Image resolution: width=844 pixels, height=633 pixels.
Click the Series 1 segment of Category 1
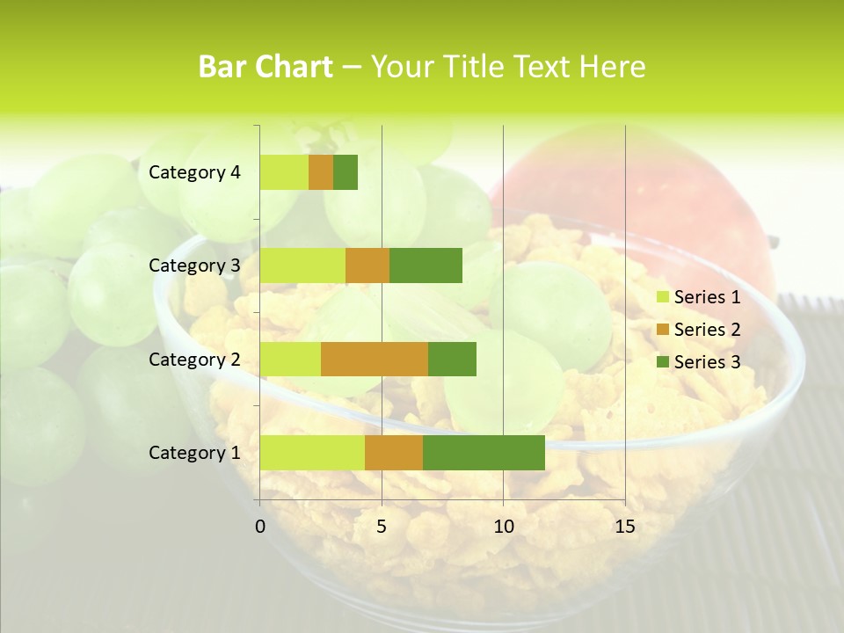point(312,453)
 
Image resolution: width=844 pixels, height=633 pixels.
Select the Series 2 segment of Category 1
point(394,453)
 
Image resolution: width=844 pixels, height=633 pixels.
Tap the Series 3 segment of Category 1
point(484,453)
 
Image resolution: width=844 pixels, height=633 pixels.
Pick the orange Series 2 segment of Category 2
point(375,359)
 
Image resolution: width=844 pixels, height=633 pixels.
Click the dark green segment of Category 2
point(452,359)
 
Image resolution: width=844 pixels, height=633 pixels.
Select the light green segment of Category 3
point(302,266)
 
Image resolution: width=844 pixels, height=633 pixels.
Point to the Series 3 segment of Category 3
point(426,266)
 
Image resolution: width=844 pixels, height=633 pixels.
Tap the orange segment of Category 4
point(321,172)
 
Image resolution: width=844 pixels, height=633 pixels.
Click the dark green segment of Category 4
point(346,172)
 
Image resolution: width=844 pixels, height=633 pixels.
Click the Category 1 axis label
point(194,453)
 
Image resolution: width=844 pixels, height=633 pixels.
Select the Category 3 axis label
point(194,266)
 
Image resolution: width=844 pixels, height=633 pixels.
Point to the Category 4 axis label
point(194,172)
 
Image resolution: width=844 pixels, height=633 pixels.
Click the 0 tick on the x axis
point(260,527)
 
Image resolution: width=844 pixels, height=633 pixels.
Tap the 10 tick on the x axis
point(503,527)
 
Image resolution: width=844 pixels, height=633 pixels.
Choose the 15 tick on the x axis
point(624,527)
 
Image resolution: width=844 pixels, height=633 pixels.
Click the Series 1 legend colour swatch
point(662,297)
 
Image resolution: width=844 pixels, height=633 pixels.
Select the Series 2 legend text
point(707,330)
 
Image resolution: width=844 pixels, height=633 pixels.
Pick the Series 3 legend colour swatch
point(662,362)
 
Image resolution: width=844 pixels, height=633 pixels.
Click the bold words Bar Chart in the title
point(266,67)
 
